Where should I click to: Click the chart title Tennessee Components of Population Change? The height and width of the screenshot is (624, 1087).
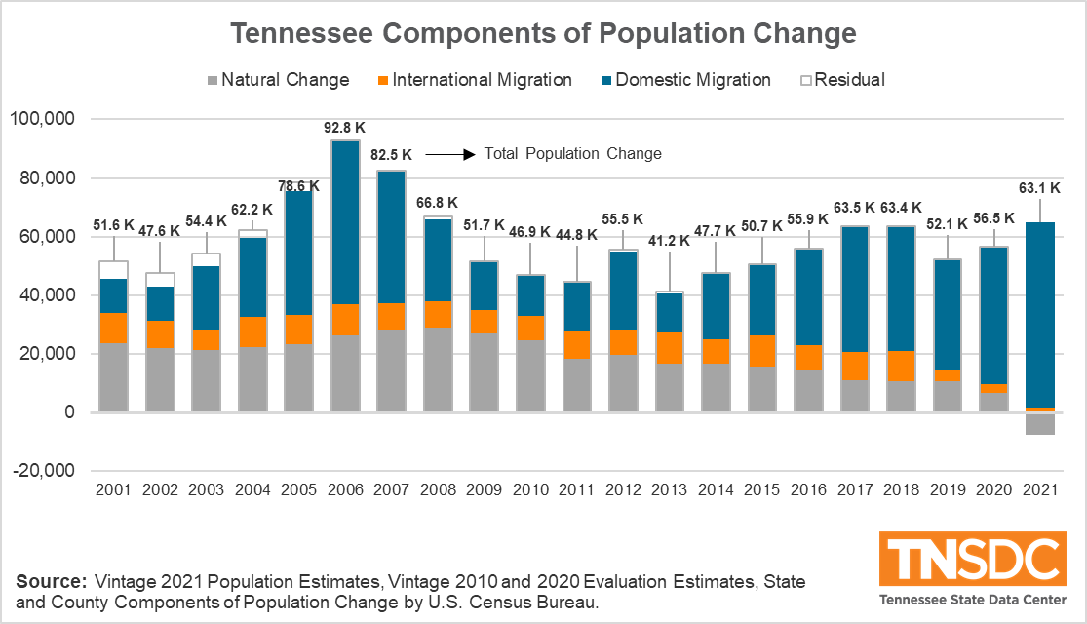pyautogui.click(x=543, y=34)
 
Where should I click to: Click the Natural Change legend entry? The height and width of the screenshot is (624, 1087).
pyautogui.click(x=277, y=80)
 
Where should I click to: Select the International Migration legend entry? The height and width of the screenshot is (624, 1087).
pyautogui.click(x=474, y=80)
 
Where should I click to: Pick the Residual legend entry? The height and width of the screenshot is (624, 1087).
pyautogui.click(x=840, y=80)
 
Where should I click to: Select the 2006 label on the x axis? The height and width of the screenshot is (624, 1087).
pyautogui.click(x=344, y=487)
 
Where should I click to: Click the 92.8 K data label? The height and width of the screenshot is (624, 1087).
pyautogui.click(x=344, y=127)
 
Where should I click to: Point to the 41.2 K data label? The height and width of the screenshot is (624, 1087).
pyautogui.click(x=670, y=239)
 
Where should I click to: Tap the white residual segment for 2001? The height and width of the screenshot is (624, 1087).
pyautogui.click(x=113, y=270)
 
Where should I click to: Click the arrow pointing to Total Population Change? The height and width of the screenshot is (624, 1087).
pyautogui.click(x=449, y=154)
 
